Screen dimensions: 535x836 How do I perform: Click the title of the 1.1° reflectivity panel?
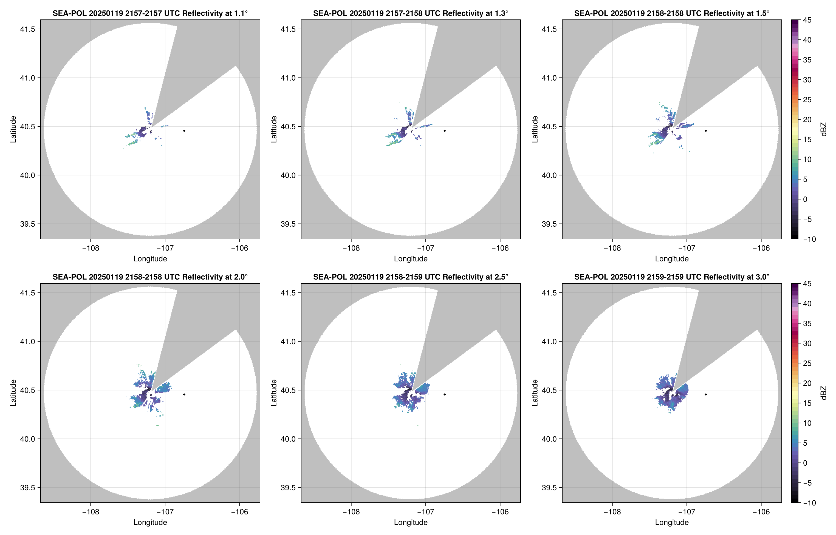point(150,13)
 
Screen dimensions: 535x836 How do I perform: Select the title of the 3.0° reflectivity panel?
point(672,277)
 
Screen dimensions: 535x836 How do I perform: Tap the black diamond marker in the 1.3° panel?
point(445,131)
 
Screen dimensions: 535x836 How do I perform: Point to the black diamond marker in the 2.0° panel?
point(184,394)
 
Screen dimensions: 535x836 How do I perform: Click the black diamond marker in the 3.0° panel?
point(706,394)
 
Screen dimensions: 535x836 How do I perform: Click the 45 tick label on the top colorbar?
point(807,20)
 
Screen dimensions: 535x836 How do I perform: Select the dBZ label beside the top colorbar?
point(823,129)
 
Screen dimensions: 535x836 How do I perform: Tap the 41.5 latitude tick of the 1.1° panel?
point(27,29)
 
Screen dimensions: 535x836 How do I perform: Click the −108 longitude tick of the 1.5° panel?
point(612,248)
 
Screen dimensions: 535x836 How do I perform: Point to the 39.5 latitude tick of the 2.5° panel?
point(288,487)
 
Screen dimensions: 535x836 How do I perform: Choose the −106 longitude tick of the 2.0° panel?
point(239,512)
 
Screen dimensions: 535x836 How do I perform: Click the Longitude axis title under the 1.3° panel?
point(411,259)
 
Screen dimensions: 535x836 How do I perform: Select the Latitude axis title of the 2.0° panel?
point(13,393)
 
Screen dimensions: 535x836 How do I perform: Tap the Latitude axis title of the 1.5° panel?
point(535,129)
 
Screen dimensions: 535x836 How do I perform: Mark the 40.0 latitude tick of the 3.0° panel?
point(549,439)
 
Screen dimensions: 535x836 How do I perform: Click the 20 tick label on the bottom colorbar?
point(807,383)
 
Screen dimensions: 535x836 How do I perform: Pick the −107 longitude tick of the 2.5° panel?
point(425,512)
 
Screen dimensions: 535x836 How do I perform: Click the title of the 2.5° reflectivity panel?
point(411,277)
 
